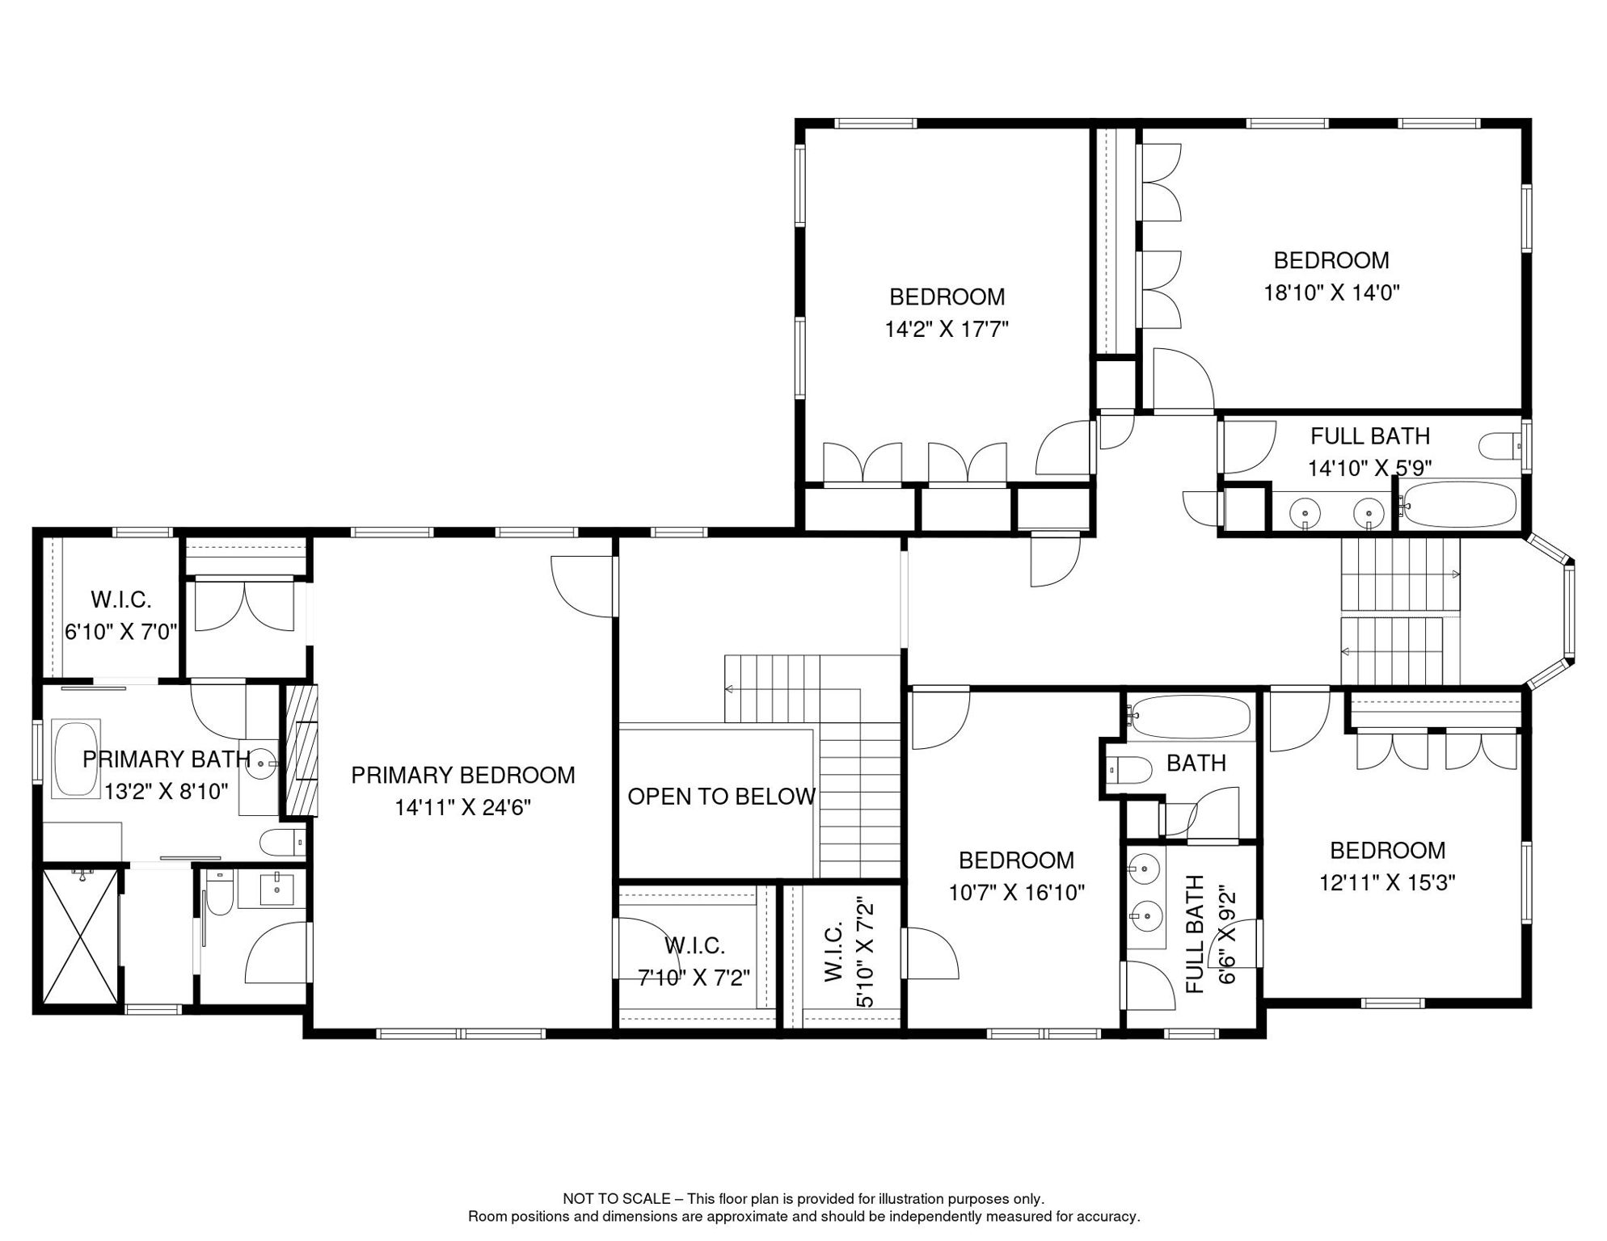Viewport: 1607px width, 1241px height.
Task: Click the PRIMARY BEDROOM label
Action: [463, 776]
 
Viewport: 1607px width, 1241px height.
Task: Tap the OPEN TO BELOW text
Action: [721, 797]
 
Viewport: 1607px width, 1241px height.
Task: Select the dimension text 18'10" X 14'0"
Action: [1331, 292]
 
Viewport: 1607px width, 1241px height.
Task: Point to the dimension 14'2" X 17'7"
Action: [947, 329]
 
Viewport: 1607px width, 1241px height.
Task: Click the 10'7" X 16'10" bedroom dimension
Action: [1016, 892]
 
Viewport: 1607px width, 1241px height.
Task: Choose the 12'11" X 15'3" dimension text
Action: [1387, 882]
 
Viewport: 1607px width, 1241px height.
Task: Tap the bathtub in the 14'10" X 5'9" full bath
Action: [1459, 505]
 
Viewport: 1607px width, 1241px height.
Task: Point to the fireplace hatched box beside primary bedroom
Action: [299, 750]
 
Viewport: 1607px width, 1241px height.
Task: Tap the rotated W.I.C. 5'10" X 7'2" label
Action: [848, 952]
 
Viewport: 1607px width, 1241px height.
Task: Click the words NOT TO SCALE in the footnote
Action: [616, 1199]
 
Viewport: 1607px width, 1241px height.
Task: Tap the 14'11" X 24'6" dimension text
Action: [463, 807]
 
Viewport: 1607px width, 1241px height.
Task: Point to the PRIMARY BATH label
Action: [167, 759]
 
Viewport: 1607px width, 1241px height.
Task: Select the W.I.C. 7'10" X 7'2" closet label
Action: [694, 961]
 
